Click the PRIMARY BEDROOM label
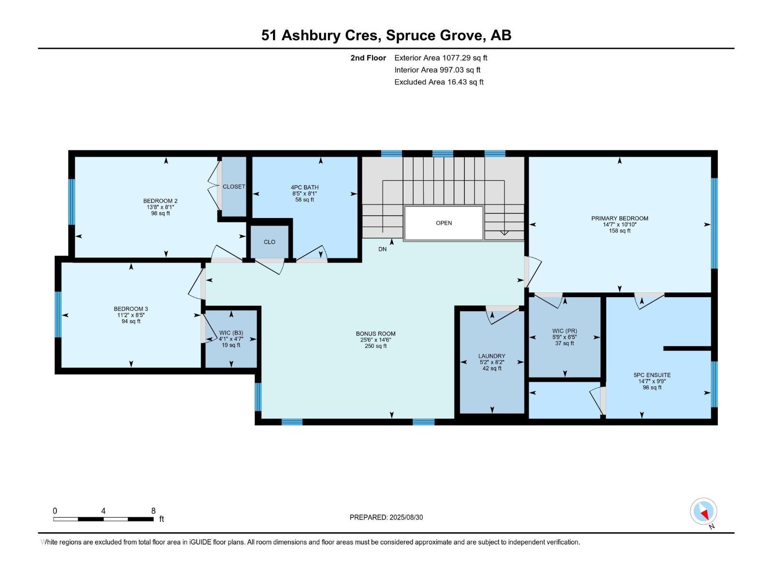coord(619,218)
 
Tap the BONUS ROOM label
coord(375,333)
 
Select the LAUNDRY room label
coord(492,356)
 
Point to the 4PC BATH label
coord(305,188)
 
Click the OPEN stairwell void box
coord(444,223)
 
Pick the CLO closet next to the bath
coord(270,242)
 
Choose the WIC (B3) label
coord(231,333)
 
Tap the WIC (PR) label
coord(564,331)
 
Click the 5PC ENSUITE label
coord(652,375)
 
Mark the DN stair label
coord(383,249)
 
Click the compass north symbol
coord(703,511)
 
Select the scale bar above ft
coord(103,519)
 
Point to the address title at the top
coord(386,35)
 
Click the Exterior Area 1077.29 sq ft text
coord(441,58)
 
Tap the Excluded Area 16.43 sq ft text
coord(439,82)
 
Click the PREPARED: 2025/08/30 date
coord(386,517)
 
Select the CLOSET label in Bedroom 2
coord(234,187)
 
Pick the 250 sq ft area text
coord(375,346)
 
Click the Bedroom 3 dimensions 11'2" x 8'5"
coord(131,315)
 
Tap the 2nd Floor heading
coord(368,58)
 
